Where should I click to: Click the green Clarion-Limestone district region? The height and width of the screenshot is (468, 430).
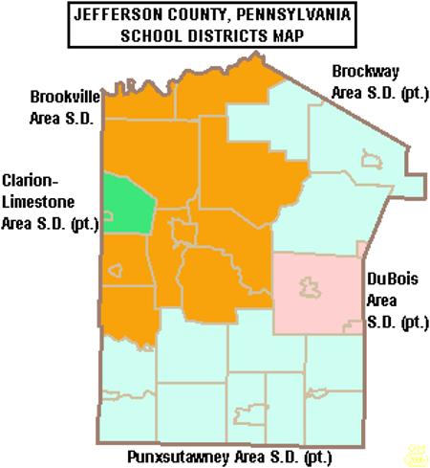coord(128,205)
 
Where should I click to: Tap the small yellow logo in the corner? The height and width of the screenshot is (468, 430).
coord(417,452)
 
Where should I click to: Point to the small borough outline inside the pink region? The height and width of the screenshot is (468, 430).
coord(310,284)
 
